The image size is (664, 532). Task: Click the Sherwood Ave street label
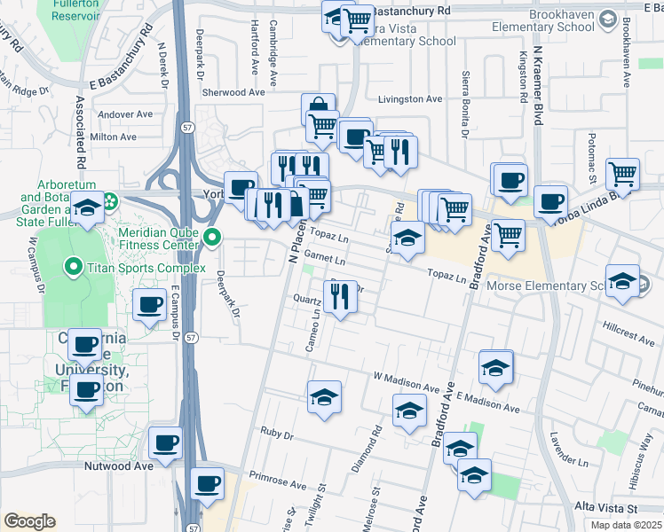coord(233,92)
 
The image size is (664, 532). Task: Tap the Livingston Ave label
coord(410,99)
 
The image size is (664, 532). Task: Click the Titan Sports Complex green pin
coord(72,267)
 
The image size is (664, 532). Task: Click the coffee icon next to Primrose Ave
coord(208,483)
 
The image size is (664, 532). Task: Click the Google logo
coord(29,522)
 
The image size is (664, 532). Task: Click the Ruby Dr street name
coord(277,435)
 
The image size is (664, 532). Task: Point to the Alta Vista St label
coord(606,507)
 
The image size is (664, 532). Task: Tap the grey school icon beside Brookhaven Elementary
coord(608,19)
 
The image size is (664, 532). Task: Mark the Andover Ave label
coord(126,114)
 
